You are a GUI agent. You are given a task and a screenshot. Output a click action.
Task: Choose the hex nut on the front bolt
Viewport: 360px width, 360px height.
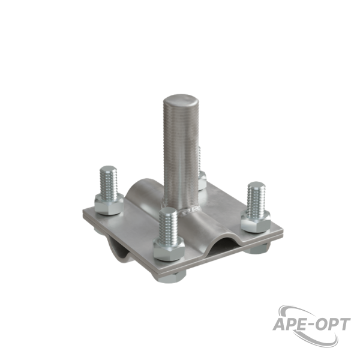169,249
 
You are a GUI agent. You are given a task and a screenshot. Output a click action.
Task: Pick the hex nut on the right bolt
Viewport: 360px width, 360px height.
256,222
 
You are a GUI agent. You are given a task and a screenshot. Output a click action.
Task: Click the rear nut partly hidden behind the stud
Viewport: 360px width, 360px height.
202,181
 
